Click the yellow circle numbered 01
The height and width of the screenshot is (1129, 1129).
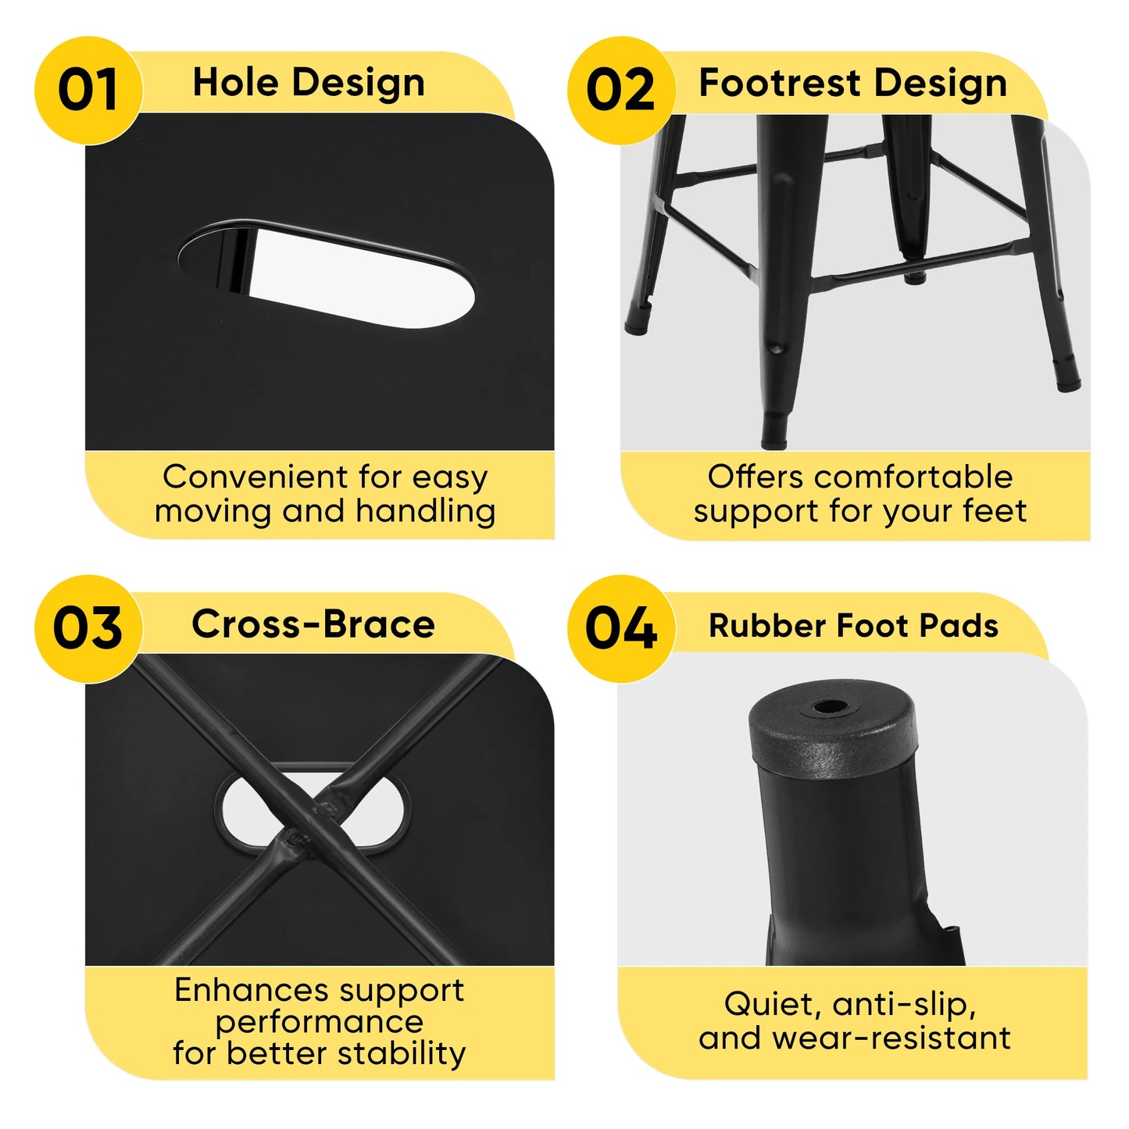click(x=88, y=90)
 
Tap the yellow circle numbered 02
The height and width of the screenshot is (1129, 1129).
click(x=620, y=90)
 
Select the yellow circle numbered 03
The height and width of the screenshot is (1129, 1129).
click(x=88, y=629)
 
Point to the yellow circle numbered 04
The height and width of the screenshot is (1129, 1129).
click(x=620, y=629)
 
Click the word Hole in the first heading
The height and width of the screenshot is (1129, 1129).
click(x=236, y=82)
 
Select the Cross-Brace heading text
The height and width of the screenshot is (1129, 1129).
click(x=313, y=624)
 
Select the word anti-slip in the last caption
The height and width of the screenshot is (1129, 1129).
click(x=904, y=1005)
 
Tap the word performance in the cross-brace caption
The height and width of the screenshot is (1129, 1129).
click(x=319, y=1022)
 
